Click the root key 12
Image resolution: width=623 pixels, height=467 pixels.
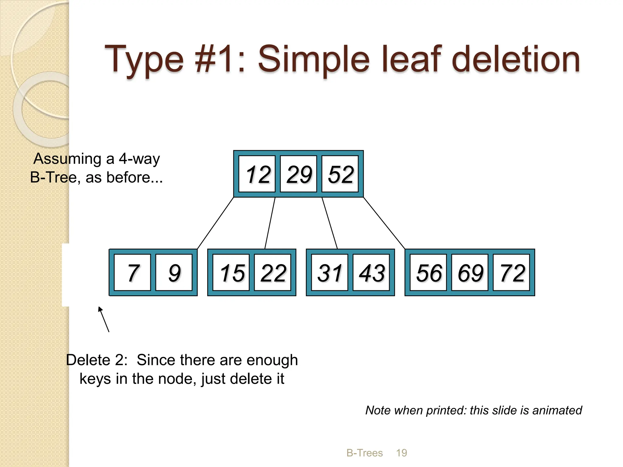coord(257,174)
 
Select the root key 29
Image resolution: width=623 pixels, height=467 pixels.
coord(298,174)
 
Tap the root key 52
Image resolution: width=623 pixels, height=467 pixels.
coord(340,174)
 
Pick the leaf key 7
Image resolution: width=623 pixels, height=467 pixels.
coord(132,272)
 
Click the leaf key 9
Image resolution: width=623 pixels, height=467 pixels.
coord(174,272)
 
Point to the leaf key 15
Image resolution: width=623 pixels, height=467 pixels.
coord(231,272)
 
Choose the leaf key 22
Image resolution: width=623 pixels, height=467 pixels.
coord(273,272)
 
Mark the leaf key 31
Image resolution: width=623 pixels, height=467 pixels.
coord(330,272)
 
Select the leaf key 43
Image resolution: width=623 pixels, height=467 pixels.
coord(371,272)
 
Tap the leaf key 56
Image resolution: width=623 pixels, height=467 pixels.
coord(428,272)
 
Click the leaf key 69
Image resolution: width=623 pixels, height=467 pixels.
coord(470,272)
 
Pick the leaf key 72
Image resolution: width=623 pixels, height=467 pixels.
coord(511,272)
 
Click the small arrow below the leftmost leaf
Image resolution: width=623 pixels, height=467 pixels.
coord(103,319)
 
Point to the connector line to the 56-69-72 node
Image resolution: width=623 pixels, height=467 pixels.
coord(384,223)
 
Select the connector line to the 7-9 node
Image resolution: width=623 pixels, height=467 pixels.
coord(215,223)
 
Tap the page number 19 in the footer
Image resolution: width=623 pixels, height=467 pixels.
coord(402,453)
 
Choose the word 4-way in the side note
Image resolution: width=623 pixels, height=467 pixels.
coord(139,159)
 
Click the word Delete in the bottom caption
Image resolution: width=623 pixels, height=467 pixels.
coord(88,360)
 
